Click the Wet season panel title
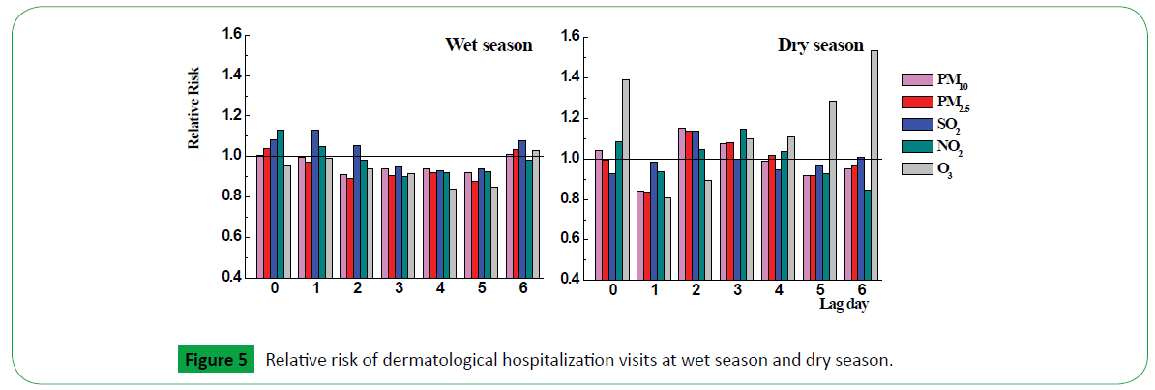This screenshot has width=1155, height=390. [489, 45]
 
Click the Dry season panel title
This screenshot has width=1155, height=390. [820, 45]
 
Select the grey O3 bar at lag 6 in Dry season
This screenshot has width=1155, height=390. [874, 165]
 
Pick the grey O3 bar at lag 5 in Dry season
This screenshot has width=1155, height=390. [832, 190]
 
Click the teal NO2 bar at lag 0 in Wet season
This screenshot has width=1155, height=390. [281, 203]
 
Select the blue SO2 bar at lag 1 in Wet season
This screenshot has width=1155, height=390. [315, 203]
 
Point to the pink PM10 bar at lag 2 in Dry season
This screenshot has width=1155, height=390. [682, 203]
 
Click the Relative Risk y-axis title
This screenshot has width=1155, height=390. [193, 121]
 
